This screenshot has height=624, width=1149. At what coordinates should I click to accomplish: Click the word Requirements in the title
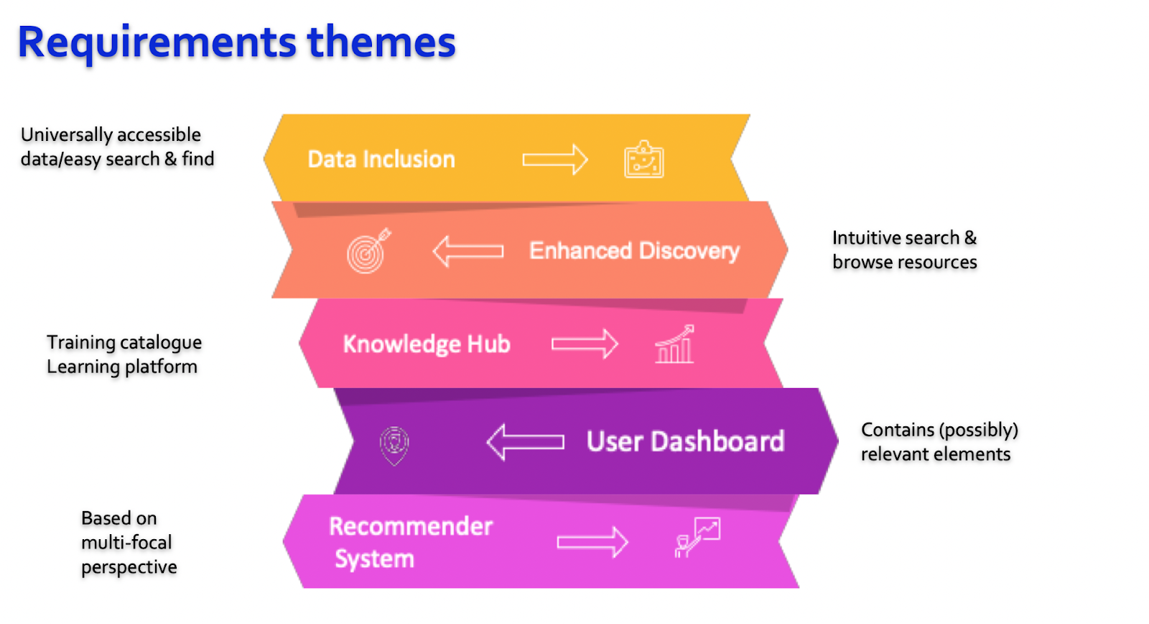tap(157, 43)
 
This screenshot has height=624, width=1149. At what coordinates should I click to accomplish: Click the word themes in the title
tap(381, 41)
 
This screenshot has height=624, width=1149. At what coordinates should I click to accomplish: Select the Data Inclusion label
tap(381, 159)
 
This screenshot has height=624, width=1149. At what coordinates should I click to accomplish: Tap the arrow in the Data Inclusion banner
tap(555, 160)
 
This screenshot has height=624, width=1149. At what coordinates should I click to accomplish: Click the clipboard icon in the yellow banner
tap(643, 159)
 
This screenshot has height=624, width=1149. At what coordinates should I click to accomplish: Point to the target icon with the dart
tap(368, 251)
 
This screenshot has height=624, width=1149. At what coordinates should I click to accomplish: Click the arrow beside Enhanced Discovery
tap(467, 251)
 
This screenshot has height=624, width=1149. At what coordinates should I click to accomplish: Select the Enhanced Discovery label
tap(634, 251)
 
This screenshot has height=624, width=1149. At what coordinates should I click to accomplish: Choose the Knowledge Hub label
tap(427, 344)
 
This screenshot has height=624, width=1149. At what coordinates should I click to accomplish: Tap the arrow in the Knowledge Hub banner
tap(585, 344)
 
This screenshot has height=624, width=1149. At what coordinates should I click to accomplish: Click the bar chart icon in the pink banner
tap(674, 344)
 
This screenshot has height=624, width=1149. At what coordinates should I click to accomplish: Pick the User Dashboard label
tap(685, 441)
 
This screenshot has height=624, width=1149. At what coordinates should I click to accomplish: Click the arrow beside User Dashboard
tap(525, 441)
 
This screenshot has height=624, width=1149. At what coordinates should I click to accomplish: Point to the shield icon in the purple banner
tap(394, 446)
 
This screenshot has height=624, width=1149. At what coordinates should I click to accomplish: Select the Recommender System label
tap(410, 542)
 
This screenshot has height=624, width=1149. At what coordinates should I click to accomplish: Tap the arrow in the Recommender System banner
tap(592, 542)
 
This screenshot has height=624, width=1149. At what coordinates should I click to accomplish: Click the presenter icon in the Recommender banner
tap(697, 537)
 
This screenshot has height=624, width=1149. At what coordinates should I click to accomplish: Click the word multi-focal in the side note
tap(126, 543)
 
